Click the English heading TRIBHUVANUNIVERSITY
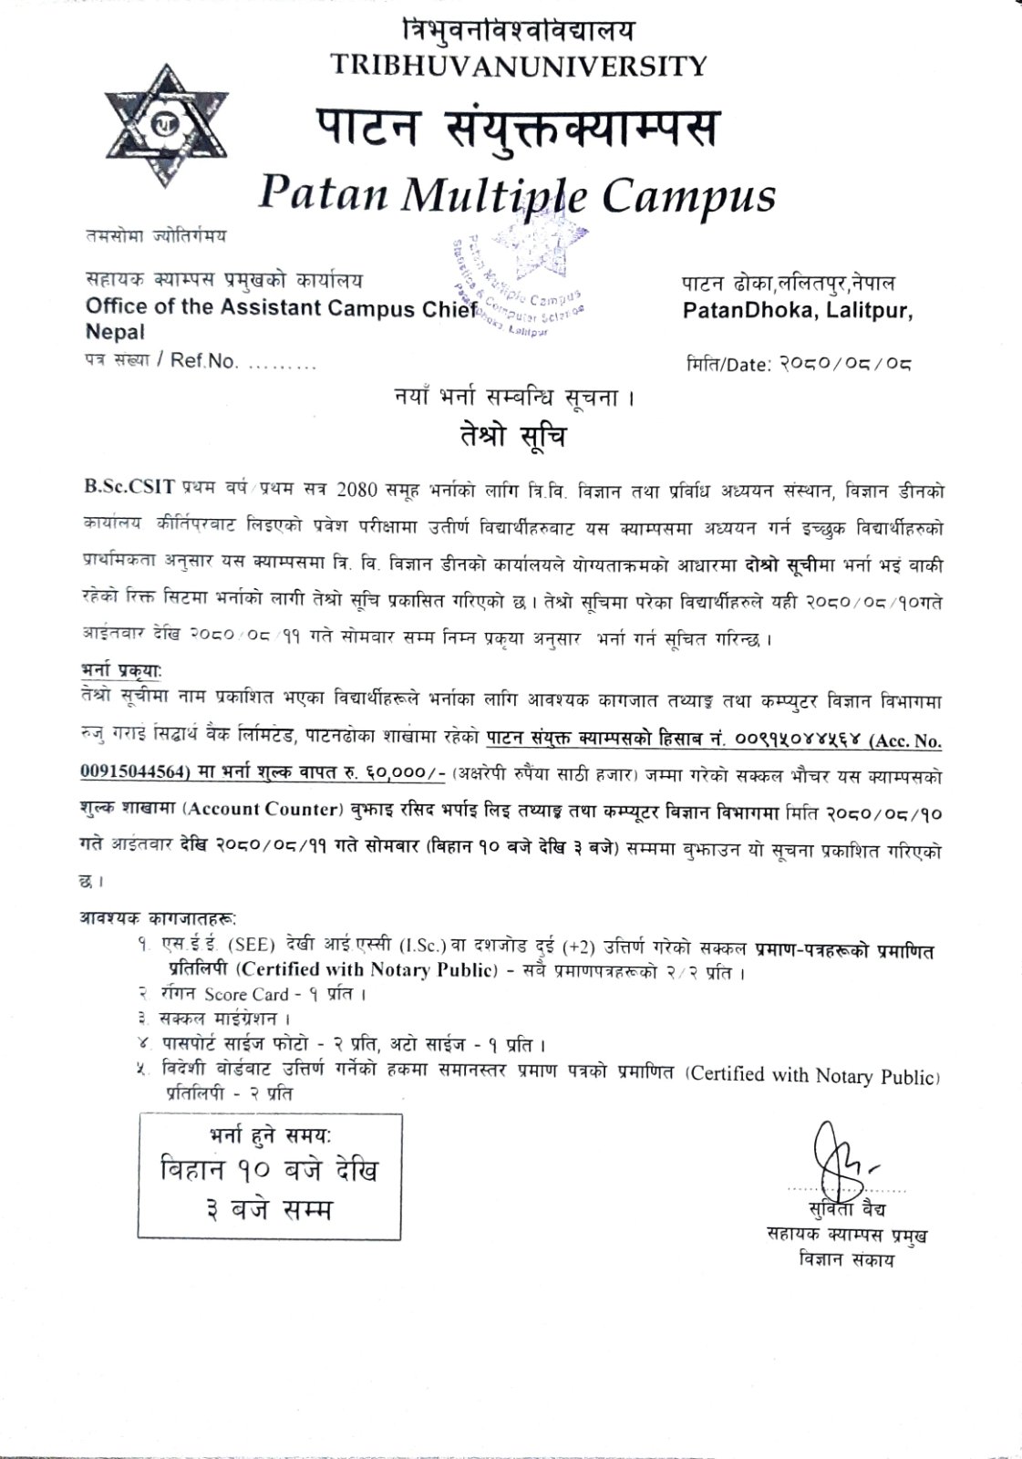coord(518,66)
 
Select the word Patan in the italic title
coord(324,195)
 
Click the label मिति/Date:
coord(728,365)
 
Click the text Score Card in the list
coord(246,994)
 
